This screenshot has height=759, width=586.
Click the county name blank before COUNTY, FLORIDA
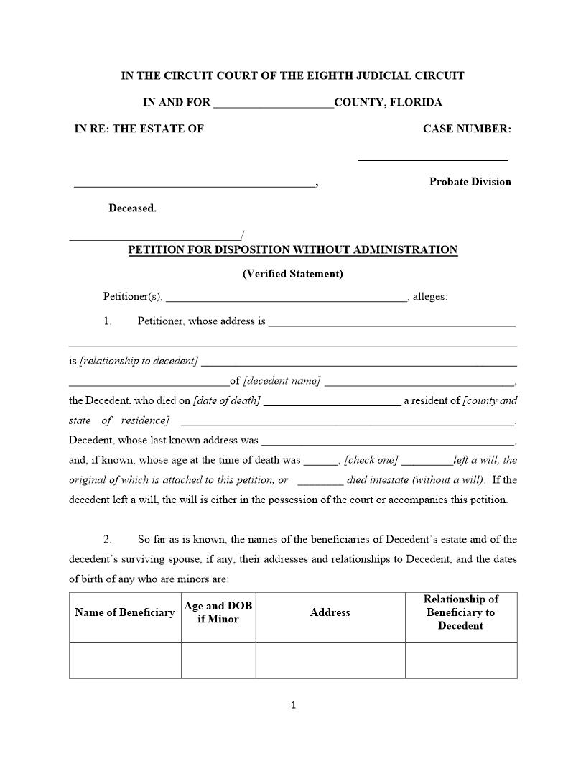click(274, 103)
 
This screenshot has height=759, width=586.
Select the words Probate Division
click(470, 182)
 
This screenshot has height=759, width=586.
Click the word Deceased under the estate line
click(132, 208)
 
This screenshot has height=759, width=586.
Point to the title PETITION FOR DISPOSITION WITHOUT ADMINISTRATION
click(292, 250)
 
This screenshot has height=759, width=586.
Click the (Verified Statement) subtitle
click(292, 273)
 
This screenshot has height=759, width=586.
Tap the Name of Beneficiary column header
click(125, 613)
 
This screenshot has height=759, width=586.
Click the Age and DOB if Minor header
click(218, 612)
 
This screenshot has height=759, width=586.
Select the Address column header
click(330, 613)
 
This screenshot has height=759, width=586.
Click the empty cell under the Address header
click(330, 660)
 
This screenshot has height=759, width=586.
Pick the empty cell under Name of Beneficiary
click(125, 660)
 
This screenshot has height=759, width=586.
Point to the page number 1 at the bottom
click(293, 705)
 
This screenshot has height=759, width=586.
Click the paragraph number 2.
click(107, 539)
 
